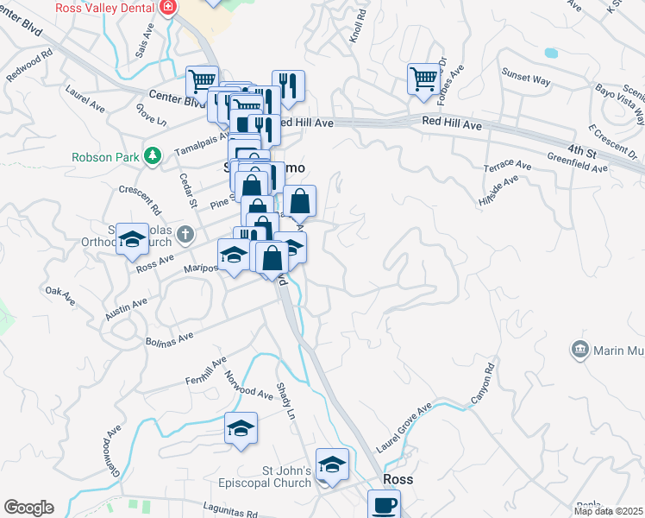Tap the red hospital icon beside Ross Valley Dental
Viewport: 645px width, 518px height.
click(x=167, y=8)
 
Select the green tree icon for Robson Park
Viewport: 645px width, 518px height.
click(x=153, y=155)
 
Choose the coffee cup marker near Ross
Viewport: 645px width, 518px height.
click(x=384, y=504)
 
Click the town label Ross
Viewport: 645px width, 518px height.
click(x=398, y=479)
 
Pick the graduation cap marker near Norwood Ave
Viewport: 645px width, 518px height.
click(x=241, y=427)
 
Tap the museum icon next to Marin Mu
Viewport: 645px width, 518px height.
click(x=579, y=349)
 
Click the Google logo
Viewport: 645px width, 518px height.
click(x=28, y=507)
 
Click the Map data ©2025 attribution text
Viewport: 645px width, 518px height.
click(x=608, y=511)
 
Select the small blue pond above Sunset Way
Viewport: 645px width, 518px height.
click(x=551, y=53)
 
